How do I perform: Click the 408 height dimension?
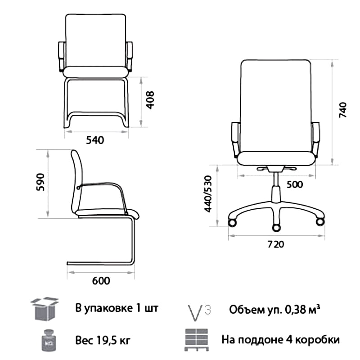click(150, 100)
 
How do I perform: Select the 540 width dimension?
click(95, 140)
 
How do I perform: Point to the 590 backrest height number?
click(40, 182)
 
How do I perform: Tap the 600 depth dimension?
click(101, 281)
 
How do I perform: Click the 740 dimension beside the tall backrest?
click(343, 110)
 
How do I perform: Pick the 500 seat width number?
click(295, 184)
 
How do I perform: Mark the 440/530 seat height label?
click(208, 194)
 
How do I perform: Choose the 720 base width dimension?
click(276, 244)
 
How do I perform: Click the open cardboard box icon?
click(45, 309)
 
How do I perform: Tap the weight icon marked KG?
click(49, 340)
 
